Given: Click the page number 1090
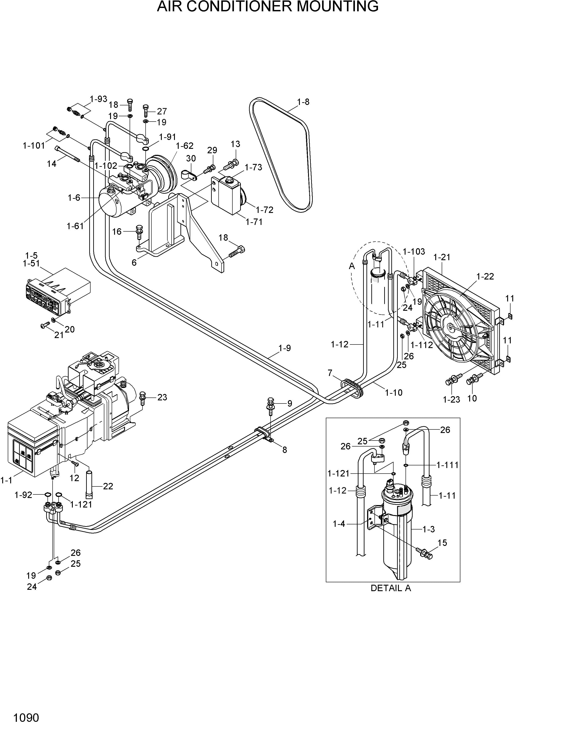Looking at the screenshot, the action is [x=26, y=718].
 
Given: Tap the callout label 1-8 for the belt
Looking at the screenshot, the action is [x=303, y=102].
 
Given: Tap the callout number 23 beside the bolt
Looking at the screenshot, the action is [x=162, y=397].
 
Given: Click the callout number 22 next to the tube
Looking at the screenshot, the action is [x=108, y=486].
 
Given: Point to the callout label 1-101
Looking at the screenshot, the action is [x=34, y=146].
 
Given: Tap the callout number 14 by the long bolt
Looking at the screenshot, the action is [x=52, y=164].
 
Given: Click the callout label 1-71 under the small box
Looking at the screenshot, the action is [x=254, y=222].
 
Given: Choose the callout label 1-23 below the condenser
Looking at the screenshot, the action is [x=451, y=399].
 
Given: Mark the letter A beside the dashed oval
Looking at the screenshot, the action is [x=352, y=266].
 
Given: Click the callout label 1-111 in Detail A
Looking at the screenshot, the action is [x=447, y=465].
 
